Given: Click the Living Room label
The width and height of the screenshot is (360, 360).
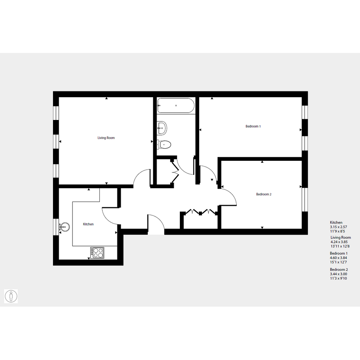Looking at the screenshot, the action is tap(106, 138).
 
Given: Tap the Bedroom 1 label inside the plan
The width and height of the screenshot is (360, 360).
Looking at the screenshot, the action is tap(253, 126).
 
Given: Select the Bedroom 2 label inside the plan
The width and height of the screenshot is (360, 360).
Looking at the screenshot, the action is tap(264, 194).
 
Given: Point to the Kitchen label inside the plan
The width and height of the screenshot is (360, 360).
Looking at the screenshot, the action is tap(88, 224).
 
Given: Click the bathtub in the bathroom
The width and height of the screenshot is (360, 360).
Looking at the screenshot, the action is tap(176, 106).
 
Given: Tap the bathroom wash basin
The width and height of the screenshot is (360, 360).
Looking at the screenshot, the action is tap(162, 128).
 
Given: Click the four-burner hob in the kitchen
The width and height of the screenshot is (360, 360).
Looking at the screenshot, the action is tap(97, 253).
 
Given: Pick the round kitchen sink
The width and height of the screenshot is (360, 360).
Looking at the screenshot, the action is tap(65, 227).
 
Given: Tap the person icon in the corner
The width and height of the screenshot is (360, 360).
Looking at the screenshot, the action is tap(11, 296).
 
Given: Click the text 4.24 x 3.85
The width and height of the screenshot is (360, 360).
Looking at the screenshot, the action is tap(339, 242).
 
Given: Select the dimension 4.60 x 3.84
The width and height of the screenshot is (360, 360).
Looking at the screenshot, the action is tap(338, 258).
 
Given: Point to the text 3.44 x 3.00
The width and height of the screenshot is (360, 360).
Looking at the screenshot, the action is tap(338, 274).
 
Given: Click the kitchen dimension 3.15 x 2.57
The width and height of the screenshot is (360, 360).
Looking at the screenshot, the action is tap(338, 227).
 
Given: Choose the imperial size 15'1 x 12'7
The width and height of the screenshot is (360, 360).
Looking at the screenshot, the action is tap(338, 262).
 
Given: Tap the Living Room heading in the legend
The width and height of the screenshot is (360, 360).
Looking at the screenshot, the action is tap(341, 237).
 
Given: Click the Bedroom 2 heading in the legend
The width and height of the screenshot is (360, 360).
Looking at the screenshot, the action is tap(339, 270).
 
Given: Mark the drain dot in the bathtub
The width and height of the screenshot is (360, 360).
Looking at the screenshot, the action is tap(176, 106).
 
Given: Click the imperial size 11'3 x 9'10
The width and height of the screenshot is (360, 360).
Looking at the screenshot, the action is tap(338, 278).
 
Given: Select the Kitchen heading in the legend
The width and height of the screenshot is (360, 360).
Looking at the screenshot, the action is tap(336, 222).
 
